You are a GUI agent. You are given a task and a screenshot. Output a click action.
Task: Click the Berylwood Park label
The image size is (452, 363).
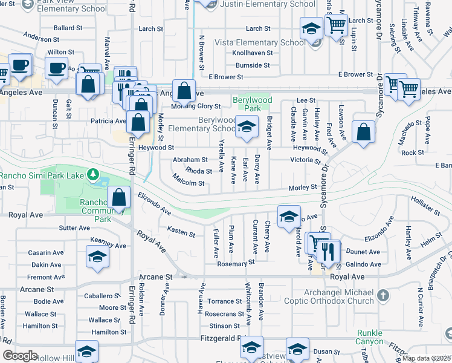(x=253, y=104)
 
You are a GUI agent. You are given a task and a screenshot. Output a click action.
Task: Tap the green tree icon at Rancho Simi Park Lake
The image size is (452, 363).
(x=92, y=175)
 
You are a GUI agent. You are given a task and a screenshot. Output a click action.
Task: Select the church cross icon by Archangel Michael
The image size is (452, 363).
(x=382, y=295)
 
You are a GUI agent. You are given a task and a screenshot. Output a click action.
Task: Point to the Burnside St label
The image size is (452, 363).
(x=252, y=65)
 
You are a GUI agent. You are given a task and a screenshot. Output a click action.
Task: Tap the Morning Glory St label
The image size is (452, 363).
(x=195, y=106)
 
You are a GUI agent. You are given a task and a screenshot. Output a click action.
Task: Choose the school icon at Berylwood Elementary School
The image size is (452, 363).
(x=246, y=127)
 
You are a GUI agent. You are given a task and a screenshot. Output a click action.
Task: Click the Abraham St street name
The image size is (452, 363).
(x=190, y=160)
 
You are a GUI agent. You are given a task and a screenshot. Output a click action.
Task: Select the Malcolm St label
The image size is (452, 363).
(x=188, y=180)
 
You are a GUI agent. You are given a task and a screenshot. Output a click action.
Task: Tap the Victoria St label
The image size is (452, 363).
(x=305, y=161)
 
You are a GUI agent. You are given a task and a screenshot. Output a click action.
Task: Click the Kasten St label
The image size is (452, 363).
(x=181, y=232)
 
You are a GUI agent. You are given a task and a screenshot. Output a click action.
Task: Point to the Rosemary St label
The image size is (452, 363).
(x=231, y=264)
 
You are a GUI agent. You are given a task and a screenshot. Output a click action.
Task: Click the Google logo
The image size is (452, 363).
(x=21, y=356)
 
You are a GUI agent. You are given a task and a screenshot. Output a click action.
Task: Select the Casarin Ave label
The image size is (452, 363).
(x=46, y=253)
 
